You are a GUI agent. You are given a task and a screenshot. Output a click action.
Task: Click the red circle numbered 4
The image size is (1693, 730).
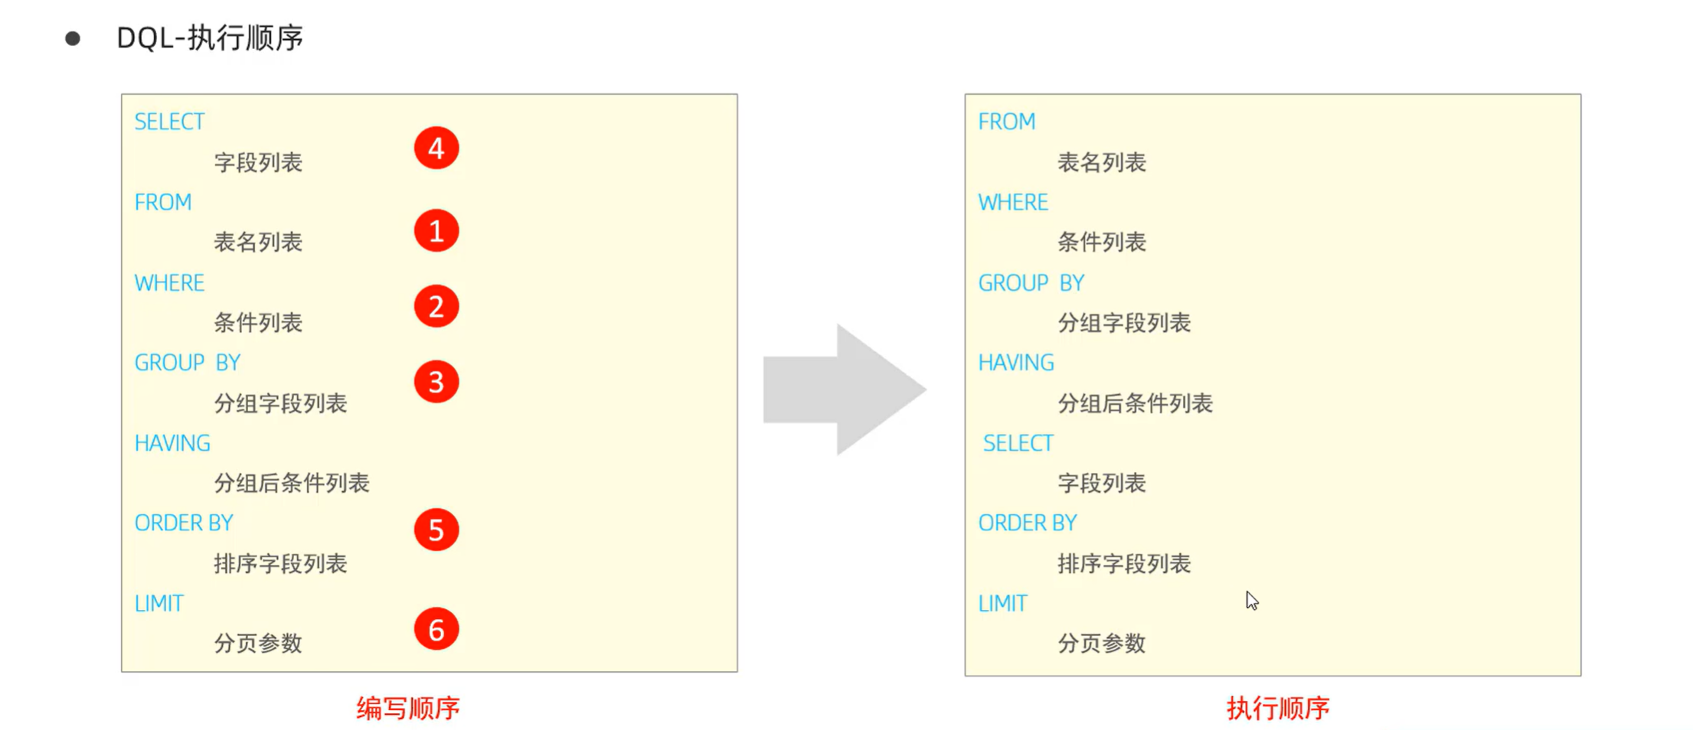436,148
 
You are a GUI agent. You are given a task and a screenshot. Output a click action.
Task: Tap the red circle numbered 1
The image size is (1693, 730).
436,230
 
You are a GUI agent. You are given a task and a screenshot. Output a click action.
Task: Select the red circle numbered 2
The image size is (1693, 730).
436,306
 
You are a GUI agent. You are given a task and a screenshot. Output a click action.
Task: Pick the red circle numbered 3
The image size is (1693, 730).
436,382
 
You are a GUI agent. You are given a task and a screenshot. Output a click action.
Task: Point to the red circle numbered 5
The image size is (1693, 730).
436,530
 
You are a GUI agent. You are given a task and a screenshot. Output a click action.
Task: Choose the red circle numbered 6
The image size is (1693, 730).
436,629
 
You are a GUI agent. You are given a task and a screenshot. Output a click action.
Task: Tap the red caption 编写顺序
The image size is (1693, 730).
407,708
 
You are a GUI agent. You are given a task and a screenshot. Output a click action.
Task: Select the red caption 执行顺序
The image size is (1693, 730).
1278,708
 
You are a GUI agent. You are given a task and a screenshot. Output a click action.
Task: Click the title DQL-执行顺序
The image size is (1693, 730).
210,37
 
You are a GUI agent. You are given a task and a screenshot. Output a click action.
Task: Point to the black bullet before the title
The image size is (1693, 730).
73,38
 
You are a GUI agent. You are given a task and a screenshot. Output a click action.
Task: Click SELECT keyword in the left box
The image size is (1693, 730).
169,122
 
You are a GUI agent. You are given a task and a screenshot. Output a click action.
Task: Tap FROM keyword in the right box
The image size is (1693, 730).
1006,122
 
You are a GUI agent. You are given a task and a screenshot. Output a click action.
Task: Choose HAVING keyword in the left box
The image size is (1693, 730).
172,443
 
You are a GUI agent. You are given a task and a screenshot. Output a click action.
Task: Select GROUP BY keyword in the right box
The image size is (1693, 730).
1031,283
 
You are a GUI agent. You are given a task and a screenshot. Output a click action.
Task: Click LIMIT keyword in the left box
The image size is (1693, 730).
159,604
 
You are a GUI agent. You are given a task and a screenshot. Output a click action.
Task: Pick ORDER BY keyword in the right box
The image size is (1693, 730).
1027,523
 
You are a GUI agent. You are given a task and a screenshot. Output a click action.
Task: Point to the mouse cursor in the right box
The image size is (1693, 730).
1251,600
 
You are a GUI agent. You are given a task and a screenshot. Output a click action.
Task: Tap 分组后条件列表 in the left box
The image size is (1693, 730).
292,483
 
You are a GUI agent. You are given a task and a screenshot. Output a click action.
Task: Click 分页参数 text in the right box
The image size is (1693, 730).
1101,643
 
